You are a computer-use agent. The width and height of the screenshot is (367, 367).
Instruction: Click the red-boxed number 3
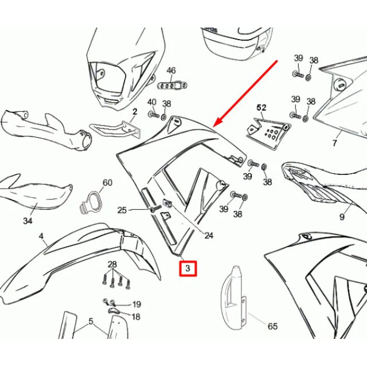click(x=188, y=268)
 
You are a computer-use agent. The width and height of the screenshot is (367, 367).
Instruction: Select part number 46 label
click(x=171, y=71)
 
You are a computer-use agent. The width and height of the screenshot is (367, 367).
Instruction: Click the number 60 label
click(x=107, y=182)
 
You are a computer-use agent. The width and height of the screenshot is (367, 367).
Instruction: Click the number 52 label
click(x=261, y=108)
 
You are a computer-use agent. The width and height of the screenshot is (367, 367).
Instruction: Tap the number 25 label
click(x=122, y=210)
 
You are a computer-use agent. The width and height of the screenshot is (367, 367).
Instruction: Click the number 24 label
click(x=209, y=236)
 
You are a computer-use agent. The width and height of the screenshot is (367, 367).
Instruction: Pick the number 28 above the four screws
click(x=112, y=265)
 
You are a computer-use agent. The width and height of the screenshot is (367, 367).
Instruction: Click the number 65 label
click(x=272, y=326)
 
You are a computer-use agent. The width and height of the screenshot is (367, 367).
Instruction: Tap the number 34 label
click(x=28, y=221)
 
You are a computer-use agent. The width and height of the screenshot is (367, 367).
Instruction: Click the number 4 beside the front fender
click(x=41, y=236)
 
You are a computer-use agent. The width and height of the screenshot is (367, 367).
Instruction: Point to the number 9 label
click(x=342, y=217)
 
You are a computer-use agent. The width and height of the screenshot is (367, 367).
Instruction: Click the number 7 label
click(x=335, y=143)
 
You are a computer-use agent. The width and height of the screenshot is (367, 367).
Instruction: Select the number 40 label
click(x=152, y=102)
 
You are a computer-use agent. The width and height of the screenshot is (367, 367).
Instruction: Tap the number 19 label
click(x=136, y=304)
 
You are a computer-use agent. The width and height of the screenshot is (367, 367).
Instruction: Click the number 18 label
click(x=136, y=317)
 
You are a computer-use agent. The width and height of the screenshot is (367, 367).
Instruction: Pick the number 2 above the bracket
click(x=135, y=112)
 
